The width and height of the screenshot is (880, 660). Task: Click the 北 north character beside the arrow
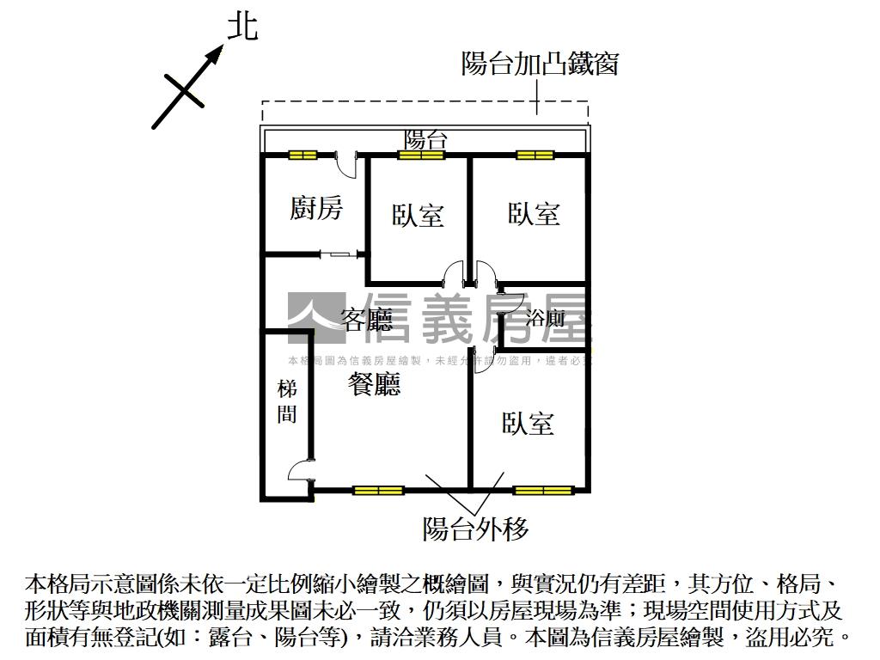coord(241,26)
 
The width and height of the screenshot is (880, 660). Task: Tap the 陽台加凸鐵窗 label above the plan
coord(540,64)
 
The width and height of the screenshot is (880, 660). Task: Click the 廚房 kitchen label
coord(315,207)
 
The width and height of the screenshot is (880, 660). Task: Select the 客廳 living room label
coord(367,321)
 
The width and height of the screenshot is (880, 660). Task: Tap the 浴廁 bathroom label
coord(546,320)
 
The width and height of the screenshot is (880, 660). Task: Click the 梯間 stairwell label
coord(287,401)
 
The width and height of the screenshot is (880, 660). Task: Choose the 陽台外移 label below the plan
coord(475,529)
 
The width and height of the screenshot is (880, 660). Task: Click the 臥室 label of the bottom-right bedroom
coord(528,423)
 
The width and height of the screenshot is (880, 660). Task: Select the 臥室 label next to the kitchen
coord(419,215)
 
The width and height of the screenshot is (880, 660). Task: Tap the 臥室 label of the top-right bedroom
coord(534,213)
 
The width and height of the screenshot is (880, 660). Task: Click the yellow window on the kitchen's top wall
coord(302,156)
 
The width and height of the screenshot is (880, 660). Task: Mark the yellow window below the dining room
coord(377,491)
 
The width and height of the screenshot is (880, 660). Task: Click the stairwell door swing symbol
coord(300,471)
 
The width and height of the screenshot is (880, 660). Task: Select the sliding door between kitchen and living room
coord(339,254)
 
